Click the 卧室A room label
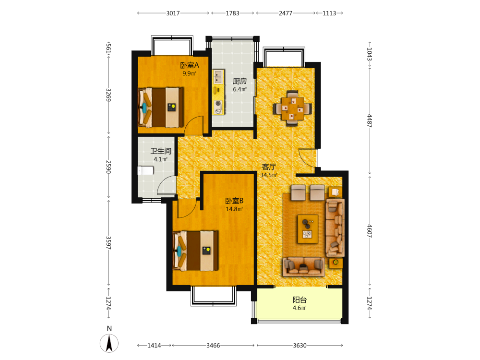point(190,65)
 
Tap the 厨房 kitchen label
point(240,81)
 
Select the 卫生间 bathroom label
point(161,151)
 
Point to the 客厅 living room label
point(269,167)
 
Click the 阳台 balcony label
point(300,300)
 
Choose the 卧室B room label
point(234,201)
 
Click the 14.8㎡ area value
point(234,209)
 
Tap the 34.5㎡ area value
point(269,175)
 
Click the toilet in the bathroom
point(145,170)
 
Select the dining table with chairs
point(293,108)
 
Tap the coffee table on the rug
point(308,229)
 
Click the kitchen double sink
point(218,77)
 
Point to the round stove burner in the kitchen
point(218,104)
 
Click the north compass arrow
point(109,343)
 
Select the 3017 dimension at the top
point(173,13)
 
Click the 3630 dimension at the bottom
point(300,345)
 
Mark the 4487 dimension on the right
point(370,121)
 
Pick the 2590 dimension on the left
point(108,167)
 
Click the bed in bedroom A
point(161,108)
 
